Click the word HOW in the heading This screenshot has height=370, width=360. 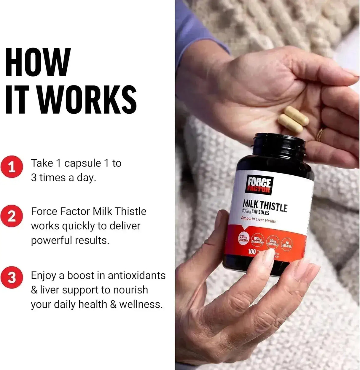coord(38,63)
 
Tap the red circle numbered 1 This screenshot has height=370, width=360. coord(12,167)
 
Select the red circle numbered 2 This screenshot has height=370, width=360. coord(12,216)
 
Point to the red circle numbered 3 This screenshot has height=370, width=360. coord(12,278)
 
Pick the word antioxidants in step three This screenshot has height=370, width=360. coord(136,275)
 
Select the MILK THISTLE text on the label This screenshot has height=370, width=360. coord(265,206)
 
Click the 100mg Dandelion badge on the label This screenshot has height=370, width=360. coord(257,240)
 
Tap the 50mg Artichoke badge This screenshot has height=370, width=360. coord(273,242)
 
